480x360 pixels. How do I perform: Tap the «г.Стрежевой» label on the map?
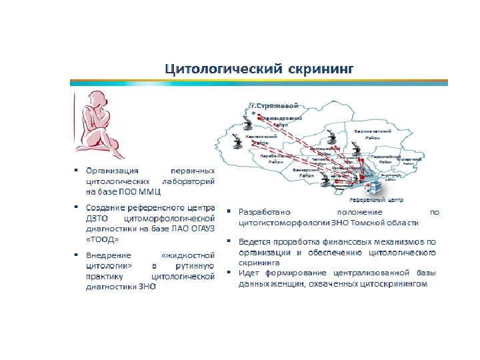(274, 105)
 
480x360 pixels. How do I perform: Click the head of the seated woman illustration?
(101, 102)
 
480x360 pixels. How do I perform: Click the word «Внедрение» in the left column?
(109, 255)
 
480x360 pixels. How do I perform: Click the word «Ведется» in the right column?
(255, 242)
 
